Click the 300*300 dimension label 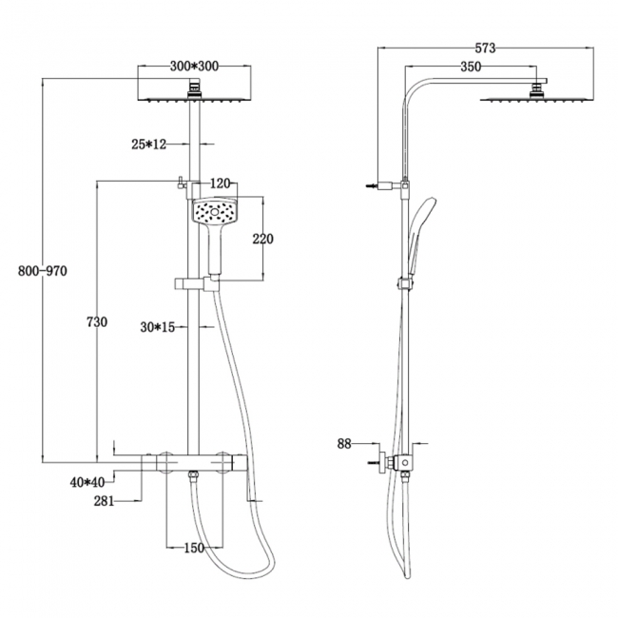[194, 67]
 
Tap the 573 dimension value [485, 48]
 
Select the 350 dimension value [471, 67]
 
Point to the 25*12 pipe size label [149, 145]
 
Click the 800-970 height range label [43, 271]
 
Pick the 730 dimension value [97, 322]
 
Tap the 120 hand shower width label [220, 183]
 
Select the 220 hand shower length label [262, 239]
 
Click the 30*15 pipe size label [158, 327]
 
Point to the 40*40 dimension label [87, 482]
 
